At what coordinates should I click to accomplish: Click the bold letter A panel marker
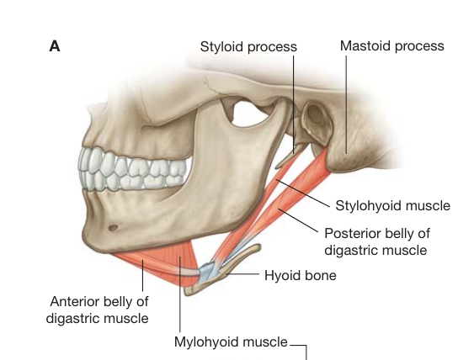coord(55,46)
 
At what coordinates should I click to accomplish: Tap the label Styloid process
coord(248,47)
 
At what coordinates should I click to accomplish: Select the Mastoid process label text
coord(392,46)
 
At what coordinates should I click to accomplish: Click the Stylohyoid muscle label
coord(392,206)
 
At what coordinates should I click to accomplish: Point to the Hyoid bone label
coord(301,275)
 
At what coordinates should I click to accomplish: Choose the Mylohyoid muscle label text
coord(231,341)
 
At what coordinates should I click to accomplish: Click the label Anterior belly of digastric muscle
coord(98,310)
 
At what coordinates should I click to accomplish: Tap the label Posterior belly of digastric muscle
coord(376,241)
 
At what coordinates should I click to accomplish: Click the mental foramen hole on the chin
coord(113,228)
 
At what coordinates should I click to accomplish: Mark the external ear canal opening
coord(315,114)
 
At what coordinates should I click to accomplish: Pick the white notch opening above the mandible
coord(248,114)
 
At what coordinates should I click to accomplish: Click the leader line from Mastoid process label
coord(346,104)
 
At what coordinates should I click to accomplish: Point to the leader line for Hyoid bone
coord(242,274)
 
